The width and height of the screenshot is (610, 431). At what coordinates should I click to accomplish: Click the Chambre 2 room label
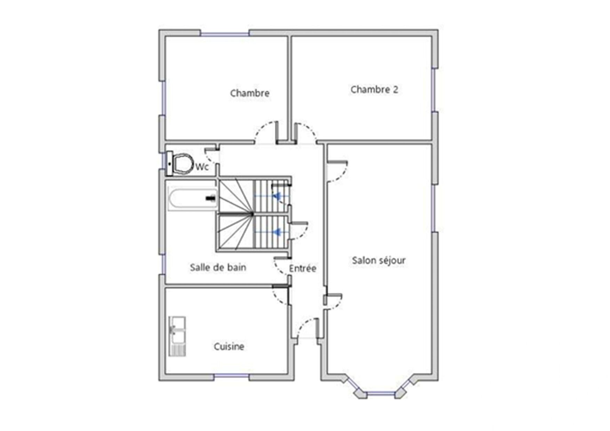tap(374, 90)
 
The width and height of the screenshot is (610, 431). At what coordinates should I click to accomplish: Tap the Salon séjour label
tap(379, 260)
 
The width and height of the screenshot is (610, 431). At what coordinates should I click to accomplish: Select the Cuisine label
tap(229, 347)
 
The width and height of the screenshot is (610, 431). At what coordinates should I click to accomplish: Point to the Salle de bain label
tap(218, 267)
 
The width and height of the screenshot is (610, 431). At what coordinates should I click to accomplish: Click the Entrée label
tap(303, 268)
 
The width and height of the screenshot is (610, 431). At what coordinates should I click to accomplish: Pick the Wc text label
tap(202, 167)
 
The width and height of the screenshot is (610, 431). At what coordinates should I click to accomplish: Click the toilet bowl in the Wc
tap(183, 163)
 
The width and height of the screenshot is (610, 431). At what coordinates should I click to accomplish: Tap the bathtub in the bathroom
tap(193, 199)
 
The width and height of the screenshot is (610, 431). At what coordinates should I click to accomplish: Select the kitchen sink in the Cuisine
tap(177, 336)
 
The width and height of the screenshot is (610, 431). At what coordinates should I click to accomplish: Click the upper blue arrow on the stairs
tap(277, 196)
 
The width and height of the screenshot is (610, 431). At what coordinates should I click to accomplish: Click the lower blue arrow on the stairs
tap(277, 231)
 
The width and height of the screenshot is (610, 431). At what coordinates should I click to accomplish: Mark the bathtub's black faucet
tap(211, 198)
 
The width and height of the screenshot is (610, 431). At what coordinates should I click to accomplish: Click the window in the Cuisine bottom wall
tap(231, 376)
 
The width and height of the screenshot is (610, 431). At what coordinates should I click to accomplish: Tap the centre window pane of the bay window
tap(381, 393)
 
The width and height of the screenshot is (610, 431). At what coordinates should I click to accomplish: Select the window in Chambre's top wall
tap(225, 34)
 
